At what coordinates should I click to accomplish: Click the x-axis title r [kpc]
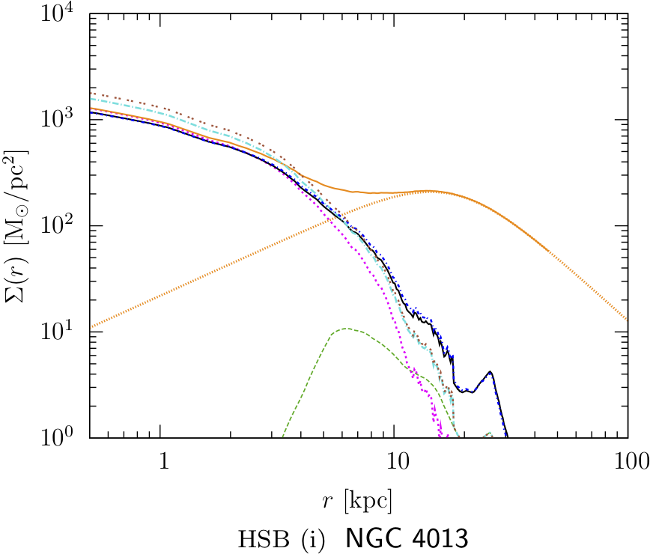tap(357, 499)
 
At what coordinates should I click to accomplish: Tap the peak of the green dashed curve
tap(344, 328)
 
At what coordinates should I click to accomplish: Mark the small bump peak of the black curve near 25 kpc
tap(489, 371)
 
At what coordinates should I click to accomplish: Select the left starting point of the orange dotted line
tap(90, 328)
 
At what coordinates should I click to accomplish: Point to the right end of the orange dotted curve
tap(626, 319)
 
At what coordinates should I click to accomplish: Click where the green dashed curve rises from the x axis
tap(282, 436)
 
